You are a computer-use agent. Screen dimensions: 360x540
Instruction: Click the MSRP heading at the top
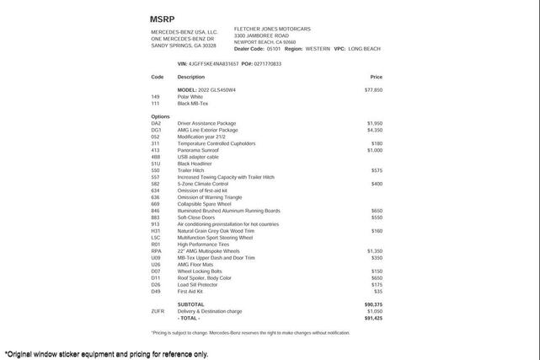click(x=163, y=19)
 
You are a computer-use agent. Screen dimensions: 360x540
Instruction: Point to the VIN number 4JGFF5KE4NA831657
click(x=213, y=64)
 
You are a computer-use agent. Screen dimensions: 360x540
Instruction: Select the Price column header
click(x=376, y=77)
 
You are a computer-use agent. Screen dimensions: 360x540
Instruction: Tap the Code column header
click(x=158, y=77)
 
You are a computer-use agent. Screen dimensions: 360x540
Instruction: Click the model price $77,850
click(x=373, y=90)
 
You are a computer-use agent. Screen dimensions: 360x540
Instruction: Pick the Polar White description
click(x=190, y=97)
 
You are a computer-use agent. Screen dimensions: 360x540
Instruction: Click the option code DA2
click(x=156, y=124)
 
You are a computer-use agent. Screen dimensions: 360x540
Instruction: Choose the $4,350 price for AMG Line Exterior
click(x=374, y=131)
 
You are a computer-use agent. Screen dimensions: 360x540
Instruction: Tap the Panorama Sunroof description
click(x=198, y=150)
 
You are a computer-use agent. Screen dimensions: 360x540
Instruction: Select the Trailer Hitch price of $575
click(x=377, y=170)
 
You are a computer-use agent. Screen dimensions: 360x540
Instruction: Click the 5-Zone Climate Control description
click(x=203, y=184)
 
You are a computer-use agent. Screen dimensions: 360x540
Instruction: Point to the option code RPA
click(x=157, y=251)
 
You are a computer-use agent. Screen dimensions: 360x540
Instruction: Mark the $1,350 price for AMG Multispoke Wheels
click(x=374, y=251)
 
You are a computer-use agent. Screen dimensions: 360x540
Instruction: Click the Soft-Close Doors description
click(x=196, y=218)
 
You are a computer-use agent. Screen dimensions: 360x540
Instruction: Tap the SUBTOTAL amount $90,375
click(x=373, y=304)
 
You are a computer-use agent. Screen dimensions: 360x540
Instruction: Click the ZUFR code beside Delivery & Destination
click(x=158, y=311)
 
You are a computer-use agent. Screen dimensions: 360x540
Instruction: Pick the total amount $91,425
click(x=373, y=319)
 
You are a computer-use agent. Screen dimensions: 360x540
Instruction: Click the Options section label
click(x=160, y=116)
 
